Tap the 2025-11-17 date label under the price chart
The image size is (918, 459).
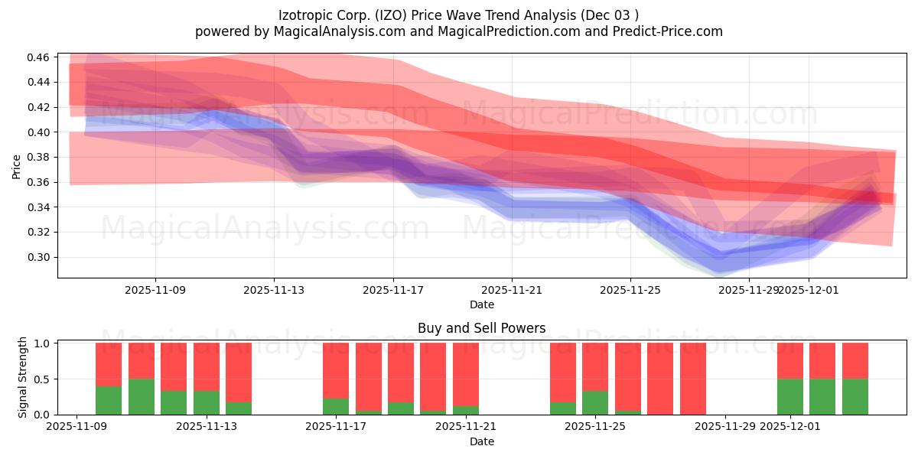tap(393, 291)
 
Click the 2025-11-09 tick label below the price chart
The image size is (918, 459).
tap(155, 291)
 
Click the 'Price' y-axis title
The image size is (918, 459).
tap(17, 166)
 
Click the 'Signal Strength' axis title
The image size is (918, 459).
tap(23, 377)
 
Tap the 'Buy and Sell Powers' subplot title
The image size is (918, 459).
tap(481, 328)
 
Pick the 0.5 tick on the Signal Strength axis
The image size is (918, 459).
tap(41, 379)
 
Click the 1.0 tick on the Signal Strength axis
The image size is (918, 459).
tap(41, 343)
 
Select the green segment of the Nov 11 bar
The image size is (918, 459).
tap(142, 396)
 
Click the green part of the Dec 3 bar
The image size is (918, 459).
tap(855, 396)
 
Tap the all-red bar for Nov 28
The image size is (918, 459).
tap(693, 379)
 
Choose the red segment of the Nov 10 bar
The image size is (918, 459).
tap(109, 364)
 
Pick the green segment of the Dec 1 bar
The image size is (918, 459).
tap(790, 396)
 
